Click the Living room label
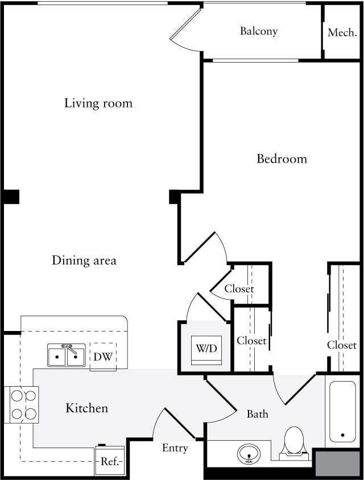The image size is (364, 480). tap(98, 103)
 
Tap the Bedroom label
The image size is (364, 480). tap(282, 159)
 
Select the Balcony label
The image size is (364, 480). tap(258, 31)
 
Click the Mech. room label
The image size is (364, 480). tap(342, 32)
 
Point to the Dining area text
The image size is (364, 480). tap(84, 260)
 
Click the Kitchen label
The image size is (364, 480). tap(86, 408)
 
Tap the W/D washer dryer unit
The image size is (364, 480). tap(206, 347)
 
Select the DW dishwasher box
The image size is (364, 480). tap(103, 357)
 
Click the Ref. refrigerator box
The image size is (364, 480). tap(109, 461)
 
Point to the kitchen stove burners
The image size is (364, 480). tap(23, 404)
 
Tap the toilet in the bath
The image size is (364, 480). tap(294, 441)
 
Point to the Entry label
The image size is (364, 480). tap(175, 448)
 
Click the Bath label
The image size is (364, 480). tap(257, 413)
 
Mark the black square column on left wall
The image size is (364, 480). tap(11, 197)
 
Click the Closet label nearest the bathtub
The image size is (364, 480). tap(342, 345)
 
